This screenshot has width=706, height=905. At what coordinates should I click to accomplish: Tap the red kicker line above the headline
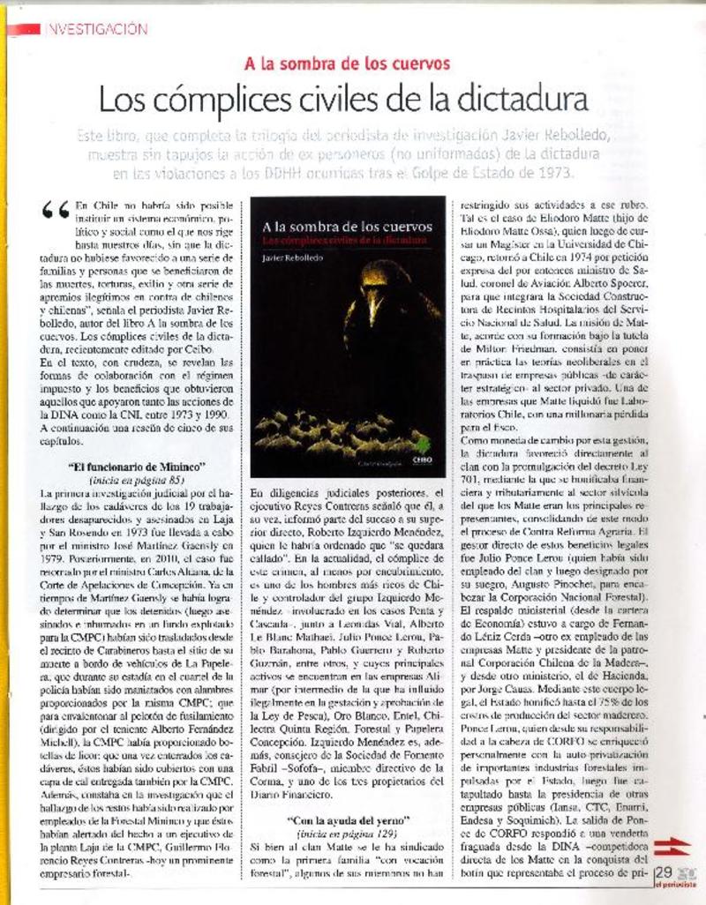pyautogui.click(x=348, y=64)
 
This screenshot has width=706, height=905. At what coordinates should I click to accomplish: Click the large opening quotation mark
pyautogui.click(x=56, y=210)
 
